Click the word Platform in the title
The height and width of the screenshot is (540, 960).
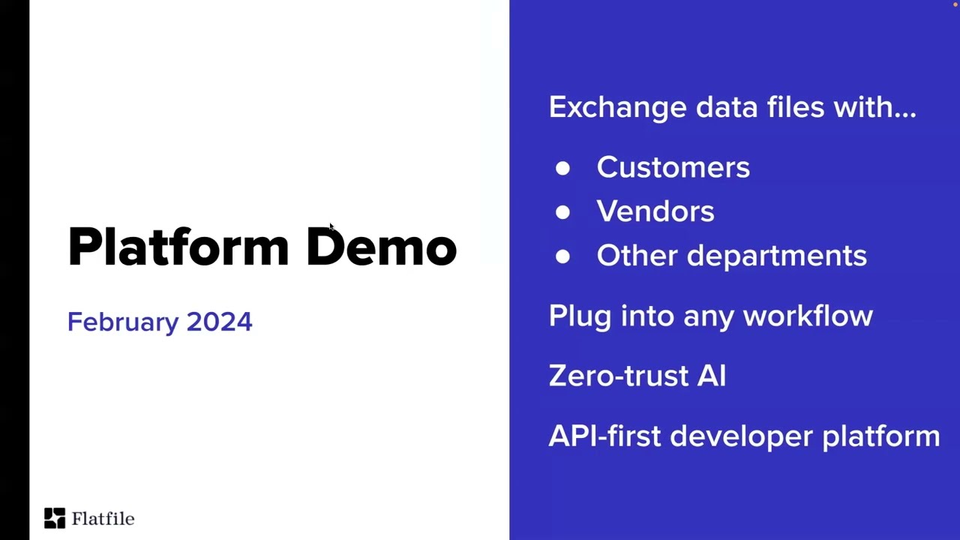tap(178, 247)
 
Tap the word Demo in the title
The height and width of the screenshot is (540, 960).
tap(381, 247)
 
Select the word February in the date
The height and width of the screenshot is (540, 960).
tap(122, 322)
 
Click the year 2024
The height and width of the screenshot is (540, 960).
tap(219, 322)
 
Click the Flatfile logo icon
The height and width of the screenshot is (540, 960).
tap(54, 518)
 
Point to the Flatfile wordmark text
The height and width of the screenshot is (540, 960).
tap(103, 518)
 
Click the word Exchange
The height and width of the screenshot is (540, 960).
tap(617, 107)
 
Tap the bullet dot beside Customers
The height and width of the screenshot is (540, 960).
tap(562, 168)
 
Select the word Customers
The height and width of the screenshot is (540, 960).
tap(673, 167)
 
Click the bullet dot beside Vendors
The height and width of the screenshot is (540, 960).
tap(562, 212)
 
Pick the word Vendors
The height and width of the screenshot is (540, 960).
tap(655, 211)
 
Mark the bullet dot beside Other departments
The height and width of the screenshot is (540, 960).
tap(562, 256)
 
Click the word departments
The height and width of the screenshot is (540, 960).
tap(776, 256)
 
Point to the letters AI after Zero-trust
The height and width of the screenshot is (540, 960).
tap(711, 376)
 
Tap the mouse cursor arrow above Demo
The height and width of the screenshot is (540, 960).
tap(331, 227)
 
